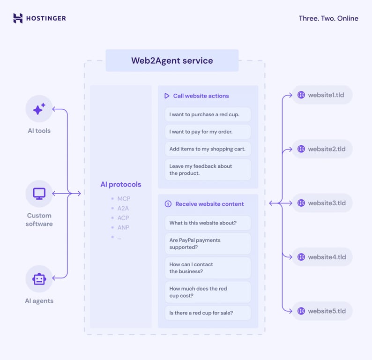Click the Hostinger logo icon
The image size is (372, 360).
point(18,18)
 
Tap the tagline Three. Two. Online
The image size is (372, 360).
point(328,18)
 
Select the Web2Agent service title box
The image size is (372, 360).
point(172,60)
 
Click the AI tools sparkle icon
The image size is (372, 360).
point(39,109)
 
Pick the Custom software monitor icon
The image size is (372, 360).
point(39,194)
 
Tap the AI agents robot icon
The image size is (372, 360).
point(39,279)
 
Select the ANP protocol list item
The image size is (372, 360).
point(123,227)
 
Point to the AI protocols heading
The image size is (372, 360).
point(120,184)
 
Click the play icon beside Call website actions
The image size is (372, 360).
point(167,96)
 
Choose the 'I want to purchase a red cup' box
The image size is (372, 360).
point(208,114)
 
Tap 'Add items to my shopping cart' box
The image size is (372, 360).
point(208,149)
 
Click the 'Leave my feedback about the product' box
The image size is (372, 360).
point(208,170)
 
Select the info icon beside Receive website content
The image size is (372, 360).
point(168,204)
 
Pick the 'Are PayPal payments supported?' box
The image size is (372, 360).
point(208,244)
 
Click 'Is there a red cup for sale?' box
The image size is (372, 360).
point(208,313)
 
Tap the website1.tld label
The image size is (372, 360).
point(326,95)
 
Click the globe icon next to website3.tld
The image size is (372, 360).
point(301,203)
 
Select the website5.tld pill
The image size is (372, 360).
point(322,311)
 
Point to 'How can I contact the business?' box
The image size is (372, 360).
point(208,268)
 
